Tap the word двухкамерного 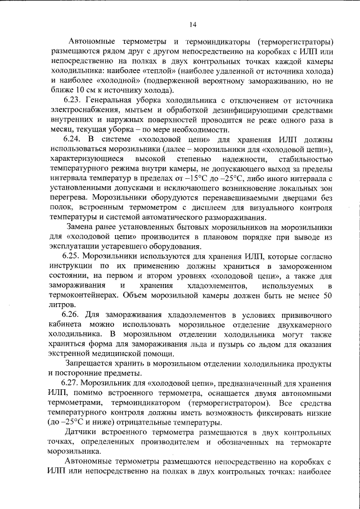click(305, 325)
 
